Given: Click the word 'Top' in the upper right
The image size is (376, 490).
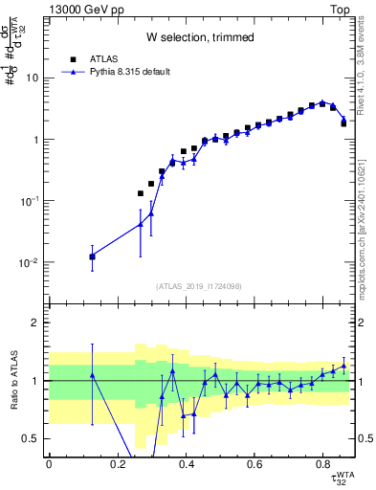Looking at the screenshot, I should click(x=343, y=9).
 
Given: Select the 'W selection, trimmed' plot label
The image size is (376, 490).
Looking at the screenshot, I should click(x=200, y=37).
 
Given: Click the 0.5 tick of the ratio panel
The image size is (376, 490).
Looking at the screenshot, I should click(x=33, y=438).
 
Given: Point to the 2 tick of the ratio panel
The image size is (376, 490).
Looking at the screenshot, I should click(x=37, y=323).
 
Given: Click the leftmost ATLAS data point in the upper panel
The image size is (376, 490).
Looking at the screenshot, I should click(x=92, y=256).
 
